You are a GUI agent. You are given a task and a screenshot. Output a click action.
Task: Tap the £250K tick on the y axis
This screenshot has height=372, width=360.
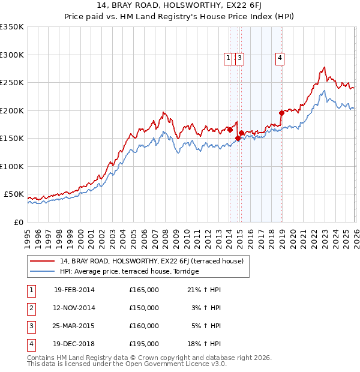pos(12,83)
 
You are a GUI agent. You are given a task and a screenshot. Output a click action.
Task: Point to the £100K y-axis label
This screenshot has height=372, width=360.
pos(12,166)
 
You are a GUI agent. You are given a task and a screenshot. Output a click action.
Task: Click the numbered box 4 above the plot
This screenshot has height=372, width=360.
pos(280,58)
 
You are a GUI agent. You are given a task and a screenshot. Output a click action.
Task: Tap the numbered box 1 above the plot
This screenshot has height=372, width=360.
pos(229,58)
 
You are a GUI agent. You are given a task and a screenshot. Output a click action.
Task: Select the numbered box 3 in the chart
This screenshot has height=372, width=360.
pos(239,58)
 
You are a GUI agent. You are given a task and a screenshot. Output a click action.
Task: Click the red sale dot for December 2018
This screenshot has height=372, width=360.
pos(281,113)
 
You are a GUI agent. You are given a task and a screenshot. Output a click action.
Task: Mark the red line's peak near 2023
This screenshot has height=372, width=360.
pos(324,67)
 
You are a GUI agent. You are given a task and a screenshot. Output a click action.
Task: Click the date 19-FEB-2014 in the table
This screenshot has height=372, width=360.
pos(74,290)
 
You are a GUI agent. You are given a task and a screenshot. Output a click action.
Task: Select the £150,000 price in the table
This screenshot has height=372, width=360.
pos(144,308)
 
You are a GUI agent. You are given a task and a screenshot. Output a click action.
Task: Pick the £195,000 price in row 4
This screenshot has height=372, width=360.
pos(144,344)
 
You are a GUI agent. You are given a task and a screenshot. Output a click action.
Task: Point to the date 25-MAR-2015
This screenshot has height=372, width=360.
pos(74,326)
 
